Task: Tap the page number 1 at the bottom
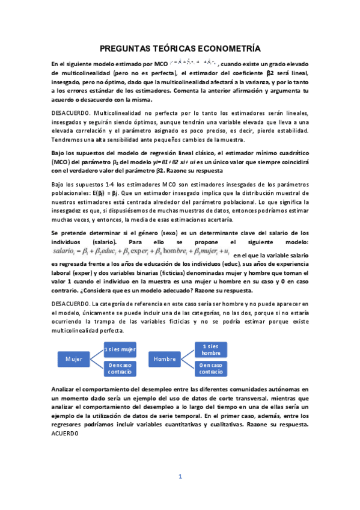click(180, 477)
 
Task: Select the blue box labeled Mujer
click(74, 359)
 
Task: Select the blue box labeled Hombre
click(164, 359)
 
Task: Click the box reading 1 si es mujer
click(120, 349)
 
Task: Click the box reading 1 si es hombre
click(210, 349)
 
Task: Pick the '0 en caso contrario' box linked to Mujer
click(120, 369)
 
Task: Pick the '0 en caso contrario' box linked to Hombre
click(210, 369)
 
